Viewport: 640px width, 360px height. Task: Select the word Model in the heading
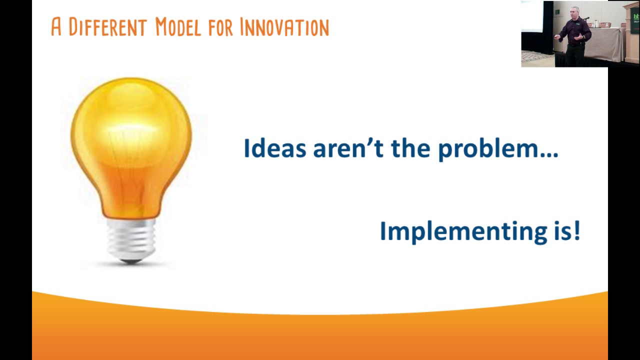(177, 27)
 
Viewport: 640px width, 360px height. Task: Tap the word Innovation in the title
(284, 27)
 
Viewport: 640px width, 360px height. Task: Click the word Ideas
(274, 149)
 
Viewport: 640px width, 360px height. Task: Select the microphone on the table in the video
(586, 18)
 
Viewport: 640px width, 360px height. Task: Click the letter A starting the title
(56, 27)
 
